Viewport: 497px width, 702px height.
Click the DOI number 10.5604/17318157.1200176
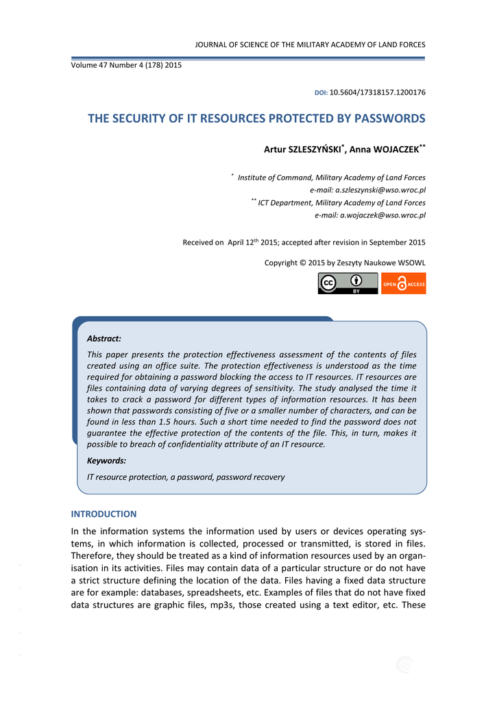[x=378, y=92]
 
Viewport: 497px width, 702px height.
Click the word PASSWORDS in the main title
[x=389, y=119]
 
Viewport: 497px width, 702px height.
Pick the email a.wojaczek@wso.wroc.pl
[x=370, y=215]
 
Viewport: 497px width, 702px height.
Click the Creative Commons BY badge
[x=348, y=283]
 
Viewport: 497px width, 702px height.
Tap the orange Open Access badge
[x=404, y=283]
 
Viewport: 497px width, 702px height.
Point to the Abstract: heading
[x=104, y=339]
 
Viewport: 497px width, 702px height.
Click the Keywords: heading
[x=106, y=461]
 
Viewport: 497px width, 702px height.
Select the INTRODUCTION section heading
[x=104, y=514]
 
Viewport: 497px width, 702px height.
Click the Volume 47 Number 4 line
[x=126, y=65]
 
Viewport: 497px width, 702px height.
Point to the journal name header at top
[x=310, y=45]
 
